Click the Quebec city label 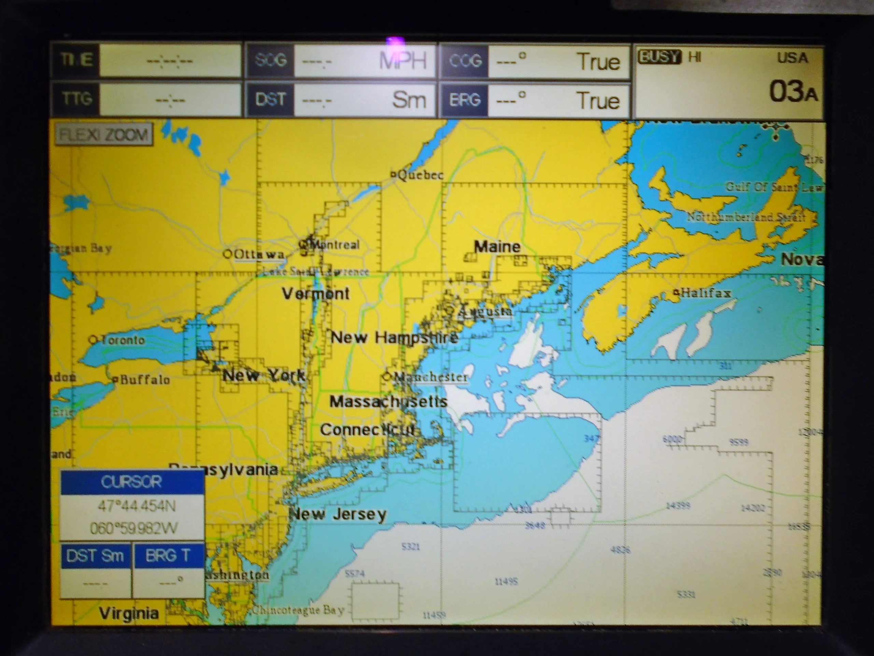(420, 175)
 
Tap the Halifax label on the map (705, 293)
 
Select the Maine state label (497, 247)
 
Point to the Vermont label (315, 293)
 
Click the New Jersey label (338, 514)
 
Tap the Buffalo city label (144, 380)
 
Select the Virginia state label (129, 613)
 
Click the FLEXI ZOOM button (103, 135)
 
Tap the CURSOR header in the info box (131, 482)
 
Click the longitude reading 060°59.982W (133, 528)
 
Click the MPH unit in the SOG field (402, 61)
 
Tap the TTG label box (77, 98)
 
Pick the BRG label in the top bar (464, 99)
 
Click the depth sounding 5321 (410, 546)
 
